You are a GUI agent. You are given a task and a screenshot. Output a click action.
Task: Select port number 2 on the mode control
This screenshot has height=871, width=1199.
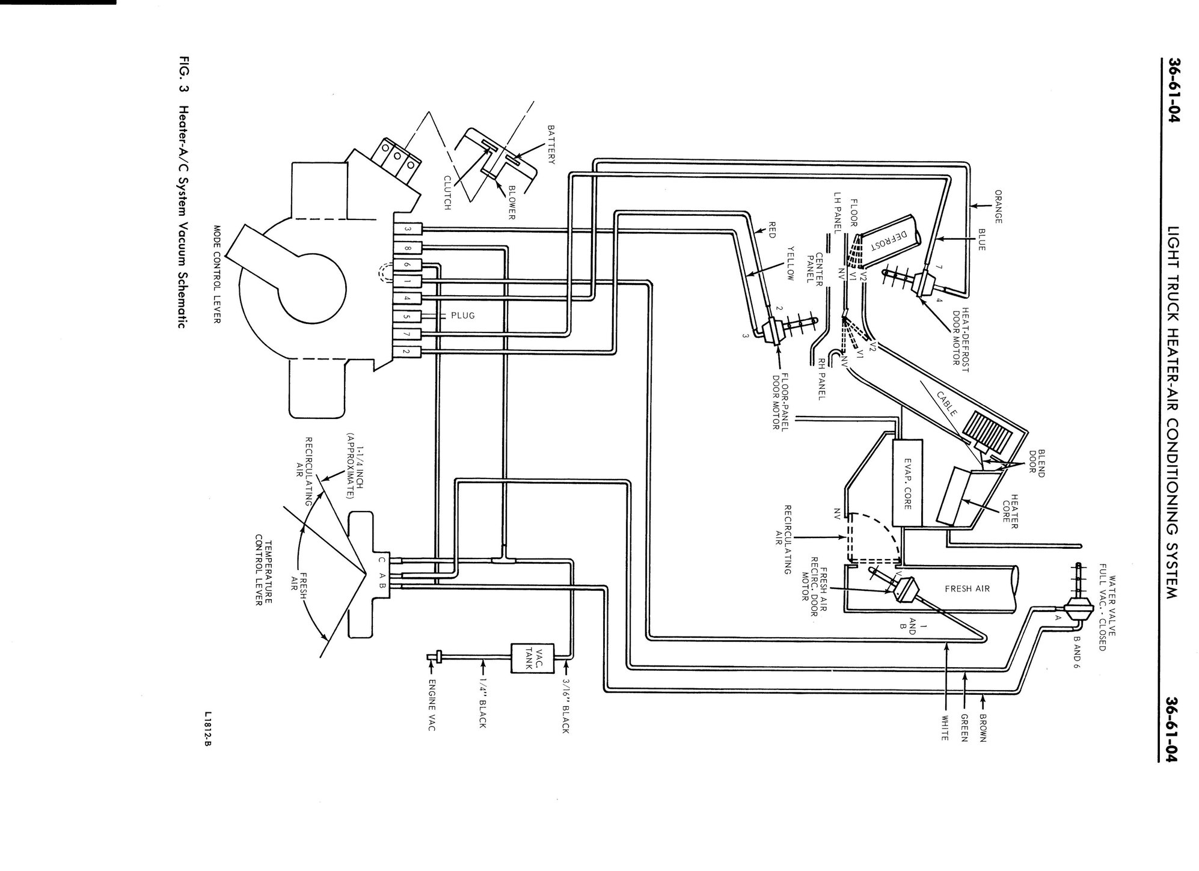click(408, 351)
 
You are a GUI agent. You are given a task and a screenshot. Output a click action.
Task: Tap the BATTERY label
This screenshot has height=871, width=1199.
click(550, 144)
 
